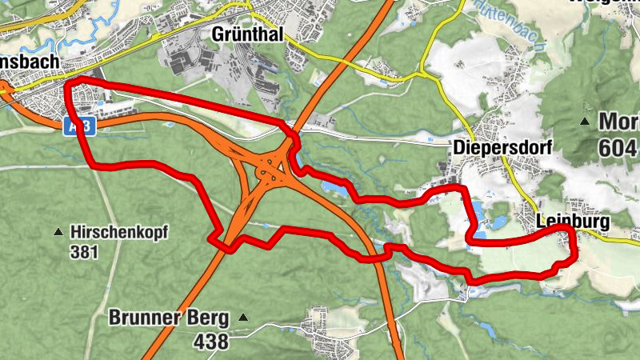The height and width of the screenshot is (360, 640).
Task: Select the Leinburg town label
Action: (573, 221)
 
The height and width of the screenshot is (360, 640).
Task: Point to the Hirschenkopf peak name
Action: (120, 232)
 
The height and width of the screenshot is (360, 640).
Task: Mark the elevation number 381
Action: (83, 253)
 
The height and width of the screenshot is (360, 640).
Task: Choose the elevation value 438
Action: (211, 341)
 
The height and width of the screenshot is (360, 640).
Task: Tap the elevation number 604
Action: (618, 147)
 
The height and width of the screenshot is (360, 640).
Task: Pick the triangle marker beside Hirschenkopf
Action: (58, 233)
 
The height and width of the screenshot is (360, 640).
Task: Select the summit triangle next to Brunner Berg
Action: (243, 318)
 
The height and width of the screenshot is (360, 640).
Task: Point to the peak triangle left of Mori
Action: (585, 122)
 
